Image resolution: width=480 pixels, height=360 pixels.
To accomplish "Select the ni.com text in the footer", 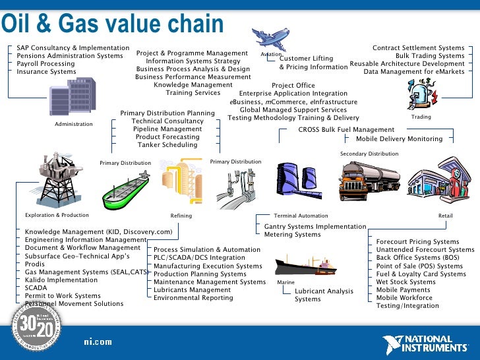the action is tap(98, 342).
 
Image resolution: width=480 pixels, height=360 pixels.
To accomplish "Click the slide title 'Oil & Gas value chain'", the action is tap(112, 25).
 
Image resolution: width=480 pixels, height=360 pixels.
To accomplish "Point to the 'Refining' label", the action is tap(181, 216).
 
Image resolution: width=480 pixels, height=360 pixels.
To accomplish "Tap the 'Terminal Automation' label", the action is tap(301, 216).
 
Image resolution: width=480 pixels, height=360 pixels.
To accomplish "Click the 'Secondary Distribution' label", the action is tap(369, 154).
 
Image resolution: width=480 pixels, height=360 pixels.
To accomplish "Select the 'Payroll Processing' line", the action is tap(46, 64).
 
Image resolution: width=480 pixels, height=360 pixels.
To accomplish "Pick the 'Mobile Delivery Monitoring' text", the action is tap(399, 139).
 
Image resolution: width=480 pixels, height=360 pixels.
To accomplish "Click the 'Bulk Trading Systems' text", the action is tap(430, 56).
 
